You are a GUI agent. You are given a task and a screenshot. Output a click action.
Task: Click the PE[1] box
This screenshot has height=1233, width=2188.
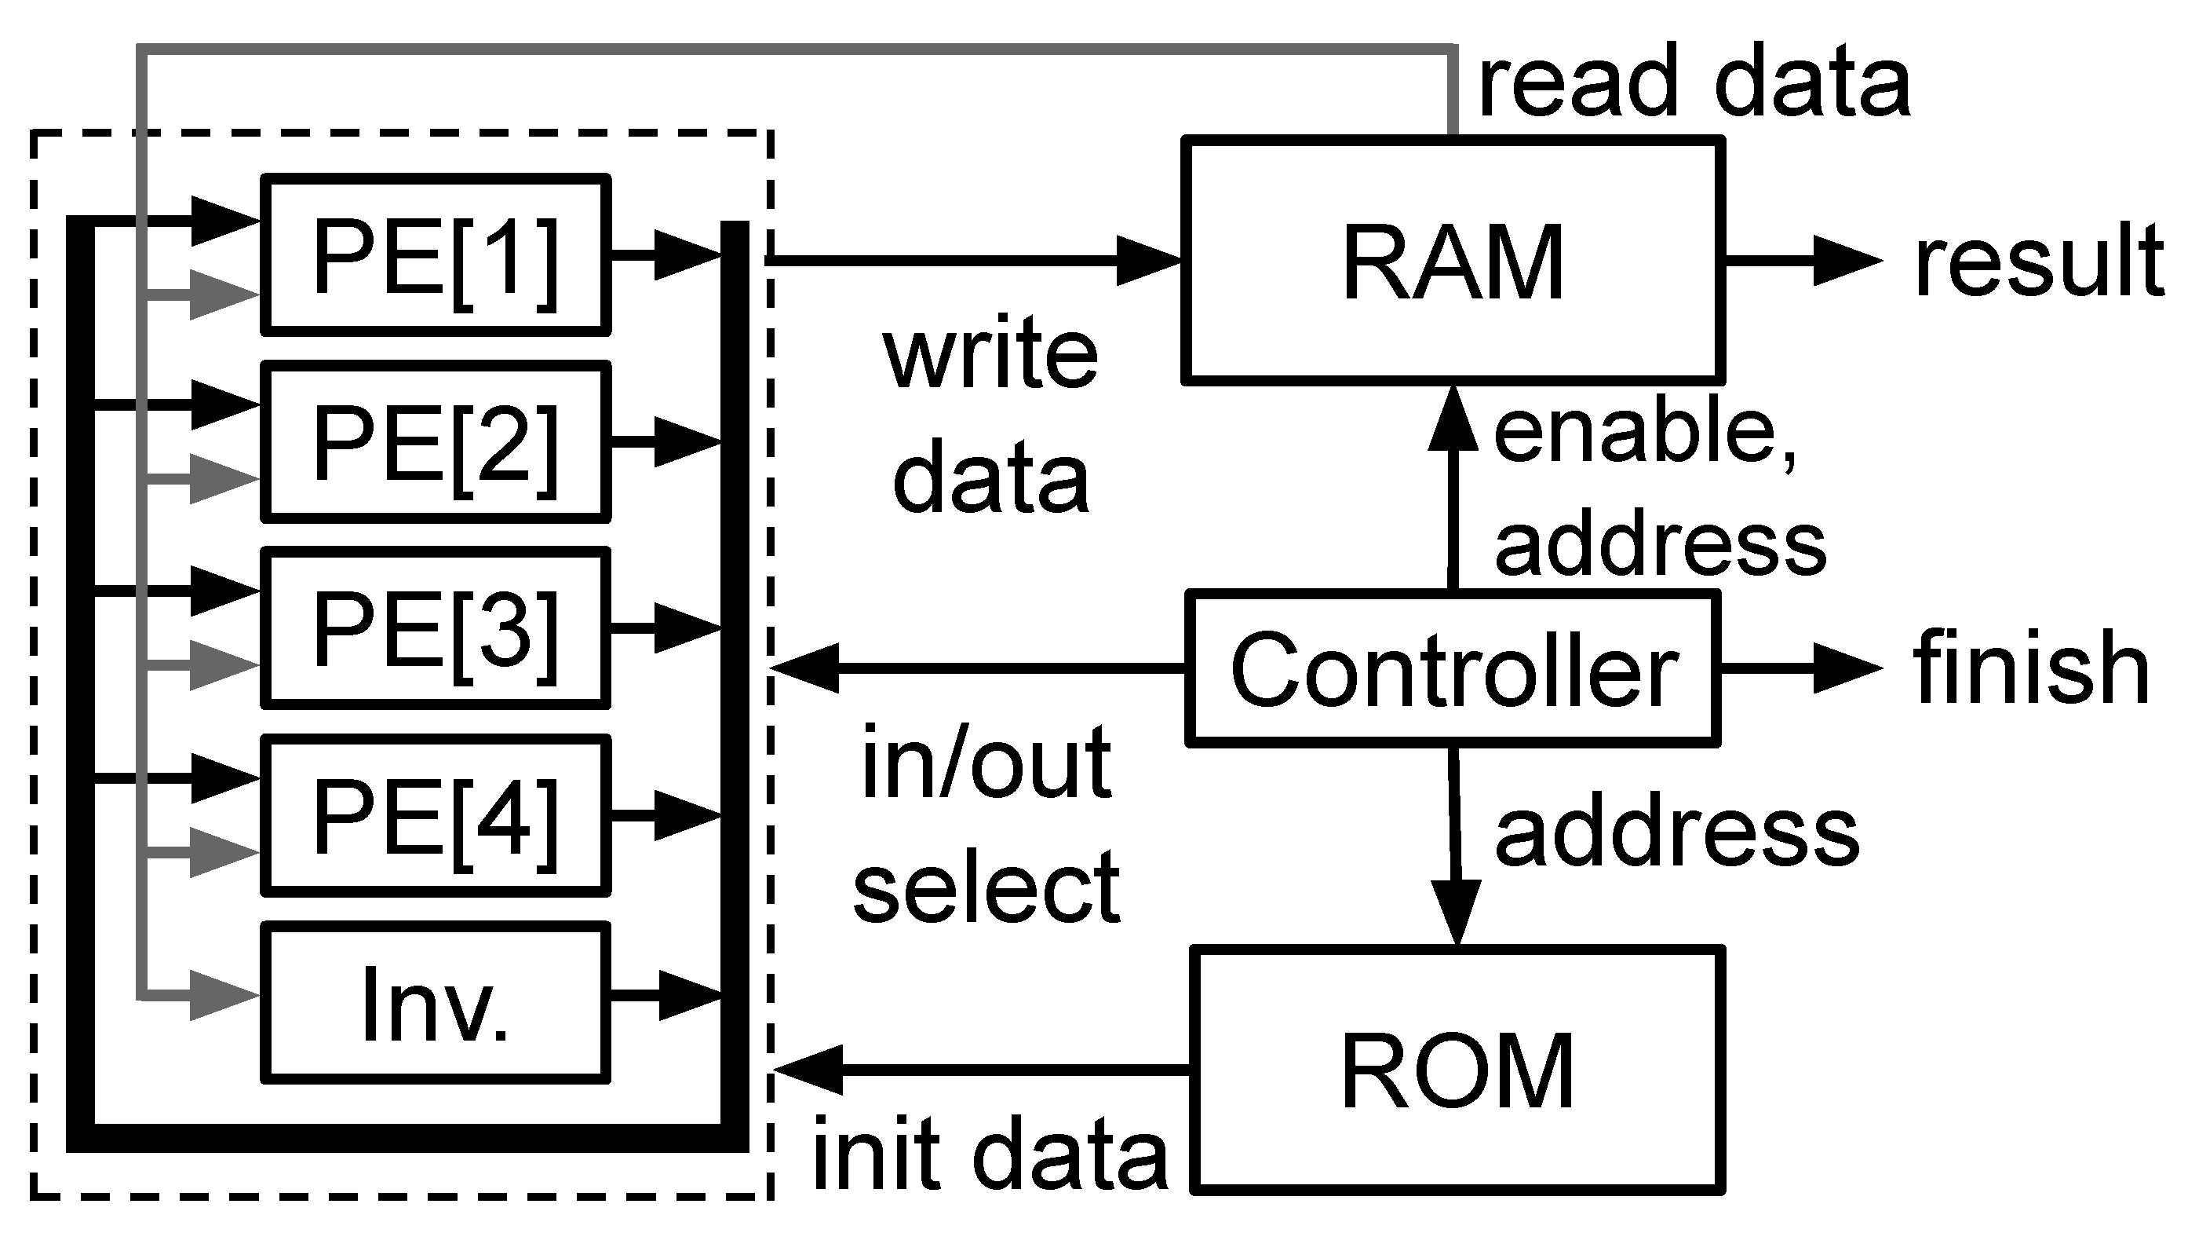coord(435,255)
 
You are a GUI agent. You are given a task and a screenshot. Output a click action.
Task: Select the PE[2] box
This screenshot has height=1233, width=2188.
coord(435,442)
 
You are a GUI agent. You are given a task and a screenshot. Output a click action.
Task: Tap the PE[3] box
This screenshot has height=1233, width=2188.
coord(435,628)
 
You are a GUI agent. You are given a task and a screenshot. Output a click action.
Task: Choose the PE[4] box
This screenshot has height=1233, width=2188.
coord(435,815)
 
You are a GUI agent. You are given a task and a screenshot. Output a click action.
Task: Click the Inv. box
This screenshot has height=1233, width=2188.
coord(435,1003)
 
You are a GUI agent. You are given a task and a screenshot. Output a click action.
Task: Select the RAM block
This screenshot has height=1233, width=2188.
coord(1453,260)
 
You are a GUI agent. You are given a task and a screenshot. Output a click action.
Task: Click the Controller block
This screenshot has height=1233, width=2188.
coord(1453,669)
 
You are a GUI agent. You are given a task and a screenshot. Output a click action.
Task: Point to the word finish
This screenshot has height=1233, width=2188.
coord(2030,669)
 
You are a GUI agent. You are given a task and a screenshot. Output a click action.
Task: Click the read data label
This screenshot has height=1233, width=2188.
coord(1694,82)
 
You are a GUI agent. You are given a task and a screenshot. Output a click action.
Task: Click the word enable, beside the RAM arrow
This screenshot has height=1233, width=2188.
coord(1643,434)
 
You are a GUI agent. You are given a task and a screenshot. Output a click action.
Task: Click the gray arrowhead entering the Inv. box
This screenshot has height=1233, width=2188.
coord(223,995)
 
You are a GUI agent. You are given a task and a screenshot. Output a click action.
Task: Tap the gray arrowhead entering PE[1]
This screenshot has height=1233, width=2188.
coord(223,295)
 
